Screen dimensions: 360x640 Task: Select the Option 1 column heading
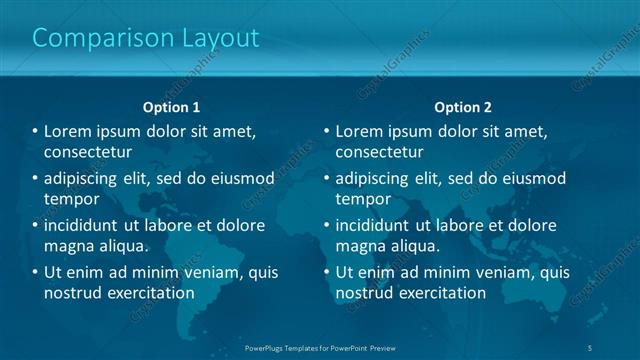point(172,107)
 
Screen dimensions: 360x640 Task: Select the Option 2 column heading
point(463,107)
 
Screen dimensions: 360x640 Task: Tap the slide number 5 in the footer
point(590,348)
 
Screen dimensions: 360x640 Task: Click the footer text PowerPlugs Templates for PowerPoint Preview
point(319,348)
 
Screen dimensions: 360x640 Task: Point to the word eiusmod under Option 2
point(532,179)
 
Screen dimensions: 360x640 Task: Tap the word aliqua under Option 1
point(122,246)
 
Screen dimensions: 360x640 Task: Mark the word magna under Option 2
point(359,246)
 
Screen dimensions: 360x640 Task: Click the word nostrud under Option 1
point(71,293)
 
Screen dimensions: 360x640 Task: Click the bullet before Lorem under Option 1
point(35,132)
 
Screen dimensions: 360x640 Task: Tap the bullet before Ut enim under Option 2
point(326,272)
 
